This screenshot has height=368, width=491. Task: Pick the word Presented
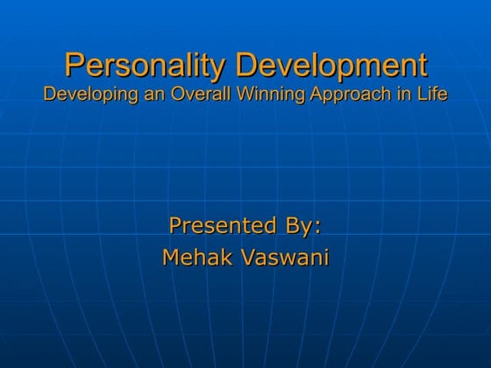click(224, 226)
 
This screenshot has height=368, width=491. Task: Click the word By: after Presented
click(303, 227)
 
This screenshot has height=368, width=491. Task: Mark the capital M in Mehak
click(171, 258)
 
